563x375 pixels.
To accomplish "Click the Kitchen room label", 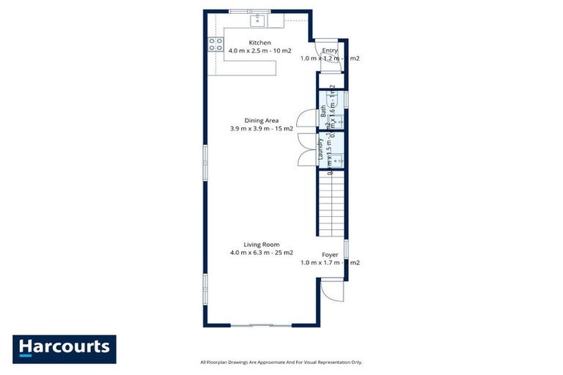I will click(260, 42).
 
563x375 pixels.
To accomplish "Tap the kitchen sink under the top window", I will click(257, 19).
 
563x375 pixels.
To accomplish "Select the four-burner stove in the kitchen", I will click(216, 44).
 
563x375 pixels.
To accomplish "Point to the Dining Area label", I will click(261, 120).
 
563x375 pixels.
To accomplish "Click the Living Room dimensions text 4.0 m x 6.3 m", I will click(261, 253).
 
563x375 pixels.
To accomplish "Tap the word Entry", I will click(329, 50).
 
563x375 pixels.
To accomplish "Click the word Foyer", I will click(329, 254).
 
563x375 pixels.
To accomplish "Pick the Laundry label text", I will click(320, 149).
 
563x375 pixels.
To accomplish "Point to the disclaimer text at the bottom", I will click(281, 362).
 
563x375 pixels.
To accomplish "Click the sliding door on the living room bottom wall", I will click(262, 324).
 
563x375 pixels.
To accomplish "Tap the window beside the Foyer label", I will click(346, 249).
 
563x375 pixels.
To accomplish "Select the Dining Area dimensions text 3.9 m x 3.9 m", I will click(261, 128).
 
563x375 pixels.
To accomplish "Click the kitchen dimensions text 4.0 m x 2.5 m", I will click(260, 51).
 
